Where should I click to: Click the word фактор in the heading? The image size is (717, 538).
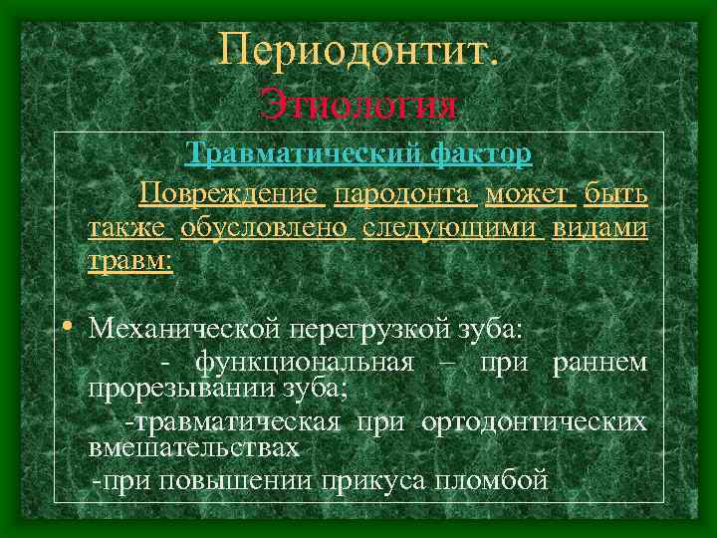pos(482,155)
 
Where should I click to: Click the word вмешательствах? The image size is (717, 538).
pos(193,447)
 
